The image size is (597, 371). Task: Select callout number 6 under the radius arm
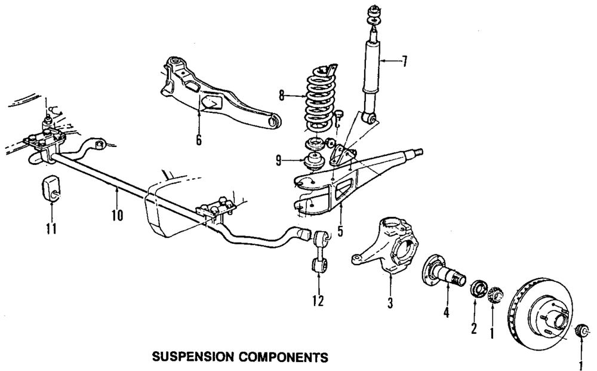(x=199, y=140)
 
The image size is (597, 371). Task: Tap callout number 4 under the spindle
(x=445, y=313)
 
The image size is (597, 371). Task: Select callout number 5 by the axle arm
(x=340, y=229)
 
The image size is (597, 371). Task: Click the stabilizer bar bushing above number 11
(x=50, y=190)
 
